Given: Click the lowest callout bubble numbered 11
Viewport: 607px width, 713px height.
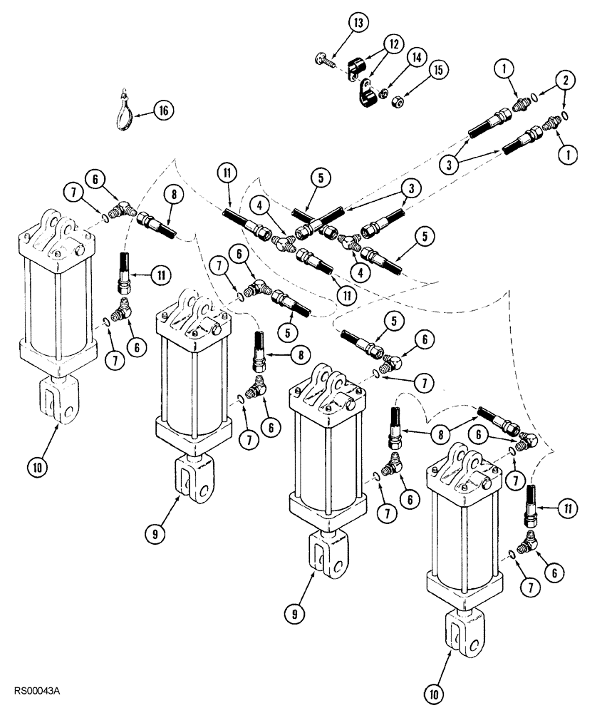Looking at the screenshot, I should click(567, 508).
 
